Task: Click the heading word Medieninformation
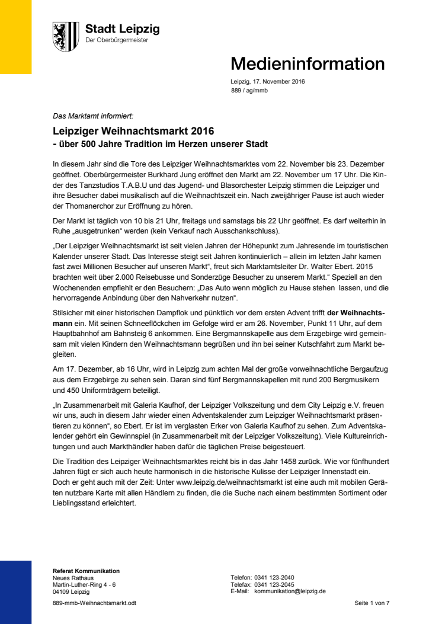[x=307, y=63]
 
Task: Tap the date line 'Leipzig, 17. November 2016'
[x=267, y=82]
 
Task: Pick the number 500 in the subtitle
[x=85, y=144]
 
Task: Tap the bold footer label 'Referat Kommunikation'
[x=86, y=571]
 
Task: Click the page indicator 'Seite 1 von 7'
[x=371, y=603]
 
